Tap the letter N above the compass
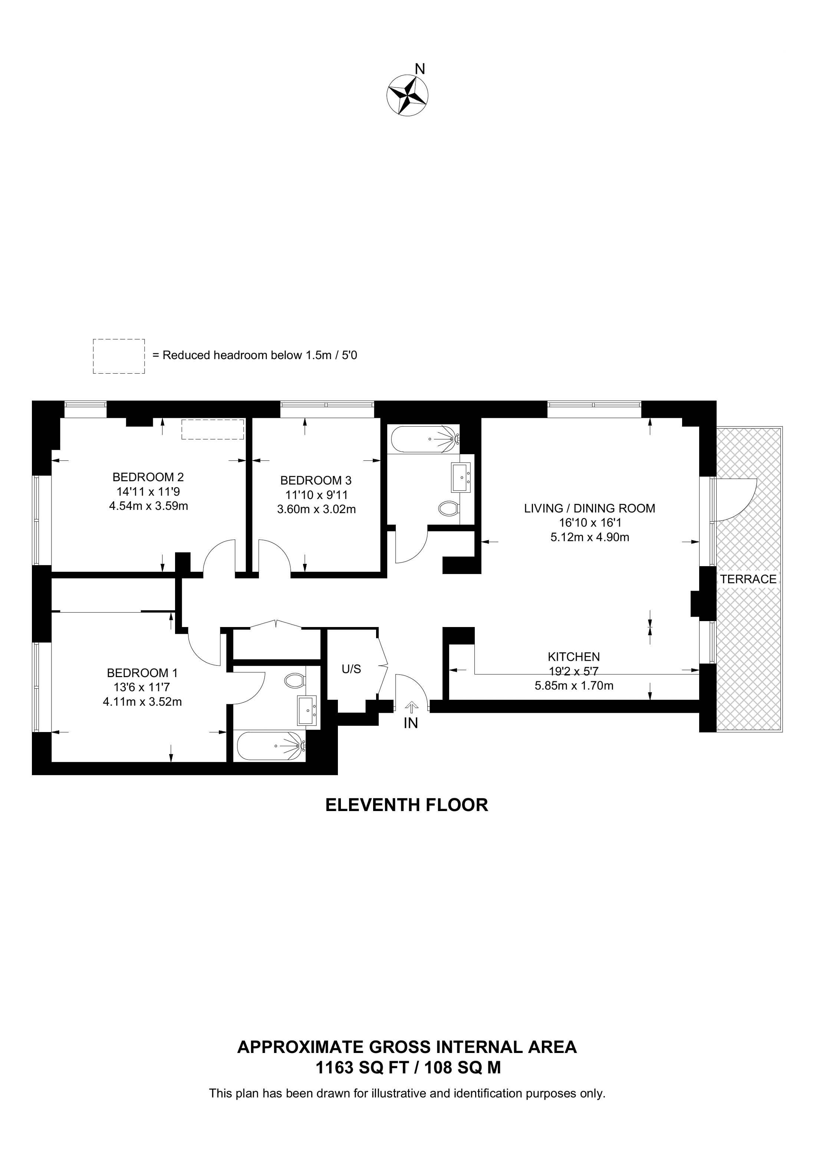pyautogui.click(x=420, y=69)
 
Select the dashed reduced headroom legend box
pyautogui.click(x=119, y=356)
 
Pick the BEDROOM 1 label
pyautogui.click(x=142, y=673)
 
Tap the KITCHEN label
pyautogui.click(x=574, y=656)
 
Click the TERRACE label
pyautogui.click(x=748, y=579)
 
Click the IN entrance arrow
pyautogui.click(x=412, y=708)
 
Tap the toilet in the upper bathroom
pyautogui.click(x=448, y=509)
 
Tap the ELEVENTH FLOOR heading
pyautogui.click(x=407, y=805)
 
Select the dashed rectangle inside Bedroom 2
pyautogui.click(x=213, y=429)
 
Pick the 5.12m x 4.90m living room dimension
pyautogui.click(x=590, y=537)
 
